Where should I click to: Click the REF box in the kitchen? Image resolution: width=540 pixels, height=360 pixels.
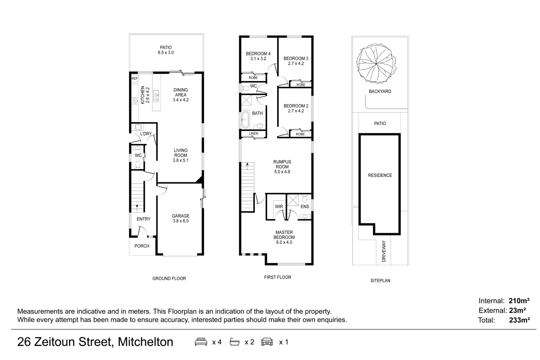tap(135, 78)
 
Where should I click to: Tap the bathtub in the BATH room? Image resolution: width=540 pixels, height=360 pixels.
tap(245, 120)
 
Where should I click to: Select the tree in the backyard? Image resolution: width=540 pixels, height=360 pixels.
tap(376, 64)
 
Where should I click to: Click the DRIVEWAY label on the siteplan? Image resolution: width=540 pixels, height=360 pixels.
tap(384, 251)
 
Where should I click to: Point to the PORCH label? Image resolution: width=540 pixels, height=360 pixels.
tap(142, 246)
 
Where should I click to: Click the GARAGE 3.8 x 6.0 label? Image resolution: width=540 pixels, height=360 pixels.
tap(180, 218)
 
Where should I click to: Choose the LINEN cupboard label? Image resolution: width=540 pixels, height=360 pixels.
tap(253, 133)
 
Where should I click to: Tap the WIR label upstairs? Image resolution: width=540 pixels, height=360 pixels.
tap(279, 207)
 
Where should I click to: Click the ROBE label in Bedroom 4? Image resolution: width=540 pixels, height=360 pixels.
tap(253, 78)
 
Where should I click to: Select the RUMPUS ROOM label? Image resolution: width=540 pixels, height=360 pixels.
tap(282, 164)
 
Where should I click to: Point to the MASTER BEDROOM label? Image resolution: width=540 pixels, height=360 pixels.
tap(284, 235)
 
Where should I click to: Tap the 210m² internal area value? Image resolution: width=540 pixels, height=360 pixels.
tap(519, 301)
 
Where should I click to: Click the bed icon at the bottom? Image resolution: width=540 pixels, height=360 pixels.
tap(201, 342)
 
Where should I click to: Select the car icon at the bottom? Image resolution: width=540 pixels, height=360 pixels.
tap(267, 342)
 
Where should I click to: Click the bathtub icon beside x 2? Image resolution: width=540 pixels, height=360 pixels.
tap(234, 342)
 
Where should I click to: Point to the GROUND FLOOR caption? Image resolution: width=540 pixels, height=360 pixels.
tap(169, 279)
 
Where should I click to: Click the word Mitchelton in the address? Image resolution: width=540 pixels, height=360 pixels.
tap(146, 342)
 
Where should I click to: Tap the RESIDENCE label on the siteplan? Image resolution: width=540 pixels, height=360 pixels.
tap(380, 175)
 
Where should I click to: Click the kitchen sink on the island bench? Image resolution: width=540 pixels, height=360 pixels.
tap(156, 96)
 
